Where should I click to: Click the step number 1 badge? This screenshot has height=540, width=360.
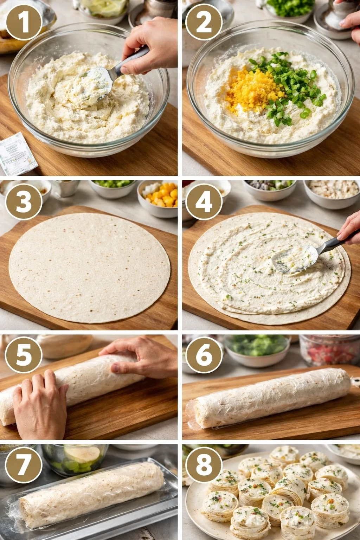[24, 22]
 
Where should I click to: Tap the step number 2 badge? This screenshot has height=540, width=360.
[204, 22]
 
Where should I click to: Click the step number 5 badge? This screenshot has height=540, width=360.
[24, 354]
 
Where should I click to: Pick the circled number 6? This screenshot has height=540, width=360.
[204, 354]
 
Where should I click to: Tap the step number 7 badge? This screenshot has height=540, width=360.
[24, 464]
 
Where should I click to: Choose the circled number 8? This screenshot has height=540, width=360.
[204, 464]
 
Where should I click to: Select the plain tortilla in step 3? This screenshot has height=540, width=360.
[90, 267]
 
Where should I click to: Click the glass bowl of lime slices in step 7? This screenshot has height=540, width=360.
[76, 459]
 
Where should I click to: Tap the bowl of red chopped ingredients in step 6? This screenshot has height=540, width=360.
[329, 350]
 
